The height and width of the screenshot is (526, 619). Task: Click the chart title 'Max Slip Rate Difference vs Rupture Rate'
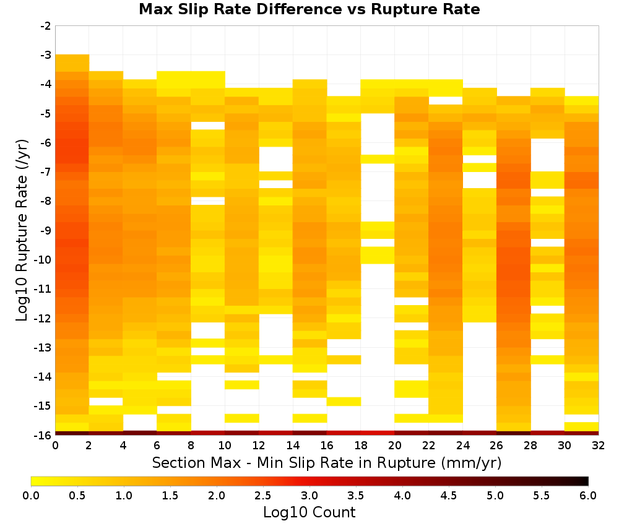pyautogui.click(x=309, y=9)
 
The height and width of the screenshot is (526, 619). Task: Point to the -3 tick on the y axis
pyautogui.click(x=46, y=55)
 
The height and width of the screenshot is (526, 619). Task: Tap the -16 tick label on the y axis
pyautogui.click(x=44, y=435)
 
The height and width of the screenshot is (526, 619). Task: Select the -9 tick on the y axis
pyautogui.click(x=46, y=230)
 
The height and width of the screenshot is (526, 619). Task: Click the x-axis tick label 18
pyautogui.click(x=360, y=446)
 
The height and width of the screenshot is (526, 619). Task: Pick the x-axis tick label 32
pyautogui.click(x=599, y=446)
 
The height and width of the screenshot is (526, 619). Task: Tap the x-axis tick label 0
pyautogui.click(x=55, y=446)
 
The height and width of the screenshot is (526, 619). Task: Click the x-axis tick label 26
pyautogui.click(x=496, y=446)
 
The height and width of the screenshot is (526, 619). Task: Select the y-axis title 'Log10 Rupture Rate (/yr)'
pyautogui.click(x=22, y=230)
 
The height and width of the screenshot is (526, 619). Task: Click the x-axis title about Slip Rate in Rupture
pyautogui.click(x=327, y=463)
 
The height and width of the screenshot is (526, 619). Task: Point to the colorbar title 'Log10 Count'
pyautogui.click(x=309, y=512)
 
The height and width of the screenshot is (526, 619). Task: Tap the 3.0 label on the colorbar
pyautogui.click(x=309, y=496)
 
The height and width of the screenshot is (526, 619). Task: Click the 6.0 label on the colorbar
pyautogui.click(x=588, y=496)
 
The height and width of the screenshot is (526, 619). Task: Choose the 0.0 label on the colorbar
pyautogui.click(x=31, y=496)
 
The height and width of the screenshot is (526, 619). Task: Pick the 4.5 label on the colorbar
pyautogui.click(x=448, y=496)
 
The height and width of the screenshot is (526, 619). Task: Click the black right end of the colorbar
pyautogui.click(x=587, y=481)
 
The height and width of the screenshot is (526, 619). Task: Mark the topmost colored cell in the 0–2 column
pyautogui.click(x=72, y=63)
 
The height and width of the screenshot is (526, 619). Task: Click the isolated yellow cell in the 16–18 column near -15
pyautogui.click(x=344, y=401)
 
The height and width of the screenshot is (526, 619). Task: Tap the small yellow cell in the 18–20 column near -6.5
pyautogui.click(x=378, y=159)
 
